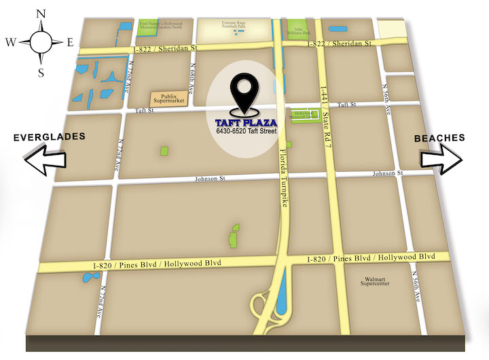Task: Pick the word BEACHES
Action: (439, 138)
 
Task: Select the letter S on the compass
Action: (41, 71)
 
